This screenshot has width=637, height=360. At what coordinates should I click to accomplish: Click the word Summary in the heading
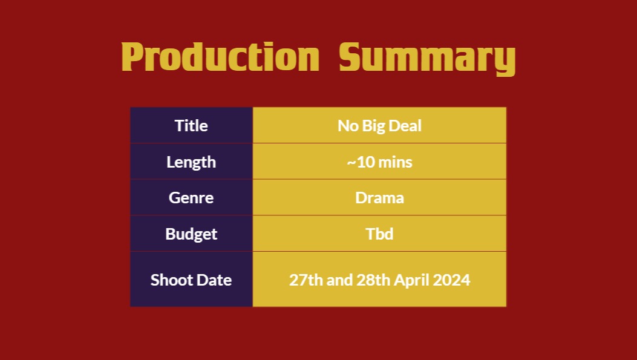427,59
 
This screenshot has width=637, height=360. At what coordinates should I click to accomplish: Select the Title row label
191,126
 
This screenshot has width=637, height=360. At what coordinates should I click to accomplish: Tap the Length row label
191,162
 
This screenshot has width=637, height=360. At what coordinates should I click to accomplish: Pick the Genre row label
191,198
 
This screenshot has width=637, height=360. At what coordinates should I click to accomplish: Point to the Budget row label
191,234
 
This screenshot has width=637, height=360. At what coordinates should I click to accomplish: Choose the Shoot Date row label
191,280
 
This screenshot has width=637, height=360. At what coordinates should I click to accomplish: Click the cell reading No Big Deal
379,126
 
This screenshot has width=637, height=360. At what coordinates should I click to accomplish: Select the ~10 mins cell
379,162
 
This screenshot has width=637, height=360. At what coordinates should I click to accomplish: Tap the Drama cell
379,198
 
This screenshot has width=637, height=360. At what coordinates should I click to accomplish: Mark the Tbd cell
379,234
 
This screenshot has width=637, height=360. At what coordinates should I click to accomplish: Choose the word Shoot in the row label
169,280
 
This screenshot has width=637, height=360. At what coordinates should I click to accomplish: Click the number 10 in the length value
365,162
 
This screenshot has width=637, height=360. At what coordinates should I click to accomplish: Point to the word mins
395,162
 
